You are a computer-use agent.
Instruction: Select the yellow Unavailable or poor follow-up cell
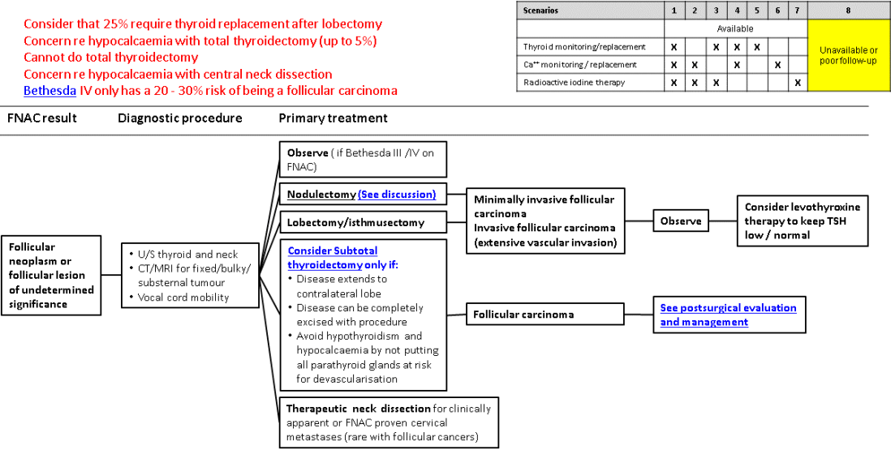click(x=847, y=55)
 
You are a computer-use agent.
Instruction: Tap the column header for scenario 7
click(x=798, y=11)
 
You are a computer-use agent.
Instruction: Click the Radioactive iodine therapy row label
click(x=575, y=82)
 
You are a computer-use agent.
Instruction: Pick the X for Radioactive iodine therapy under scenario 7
click(x=798, y=82)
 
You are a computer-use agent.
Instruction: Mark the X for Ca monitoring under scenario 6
click(x=777, y=64)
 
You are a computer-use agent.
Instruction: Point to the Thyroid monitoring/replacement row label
click(x=584, y=47)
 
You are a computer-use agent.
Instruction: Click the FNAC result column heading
click(x=42, y=118)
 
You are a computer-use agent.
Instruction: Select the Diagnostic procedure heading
click(x=179, y=118)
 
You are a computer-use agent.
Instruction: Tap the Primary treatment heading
click(x=333, y=118)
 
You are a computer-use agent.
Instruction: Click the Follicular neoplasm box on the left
click(x=51, y=275)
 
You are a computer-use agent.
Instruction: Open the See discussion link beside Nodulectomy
click(x=396, y=195)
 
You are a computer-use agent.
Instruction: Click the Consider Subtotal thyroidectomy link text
click(x=332, y=258)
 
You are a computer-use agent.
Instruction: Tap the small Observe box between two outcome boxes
click(x=680, y=220)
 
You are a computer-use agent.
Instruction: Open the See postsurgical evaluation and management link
click(x=728, y=315)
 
